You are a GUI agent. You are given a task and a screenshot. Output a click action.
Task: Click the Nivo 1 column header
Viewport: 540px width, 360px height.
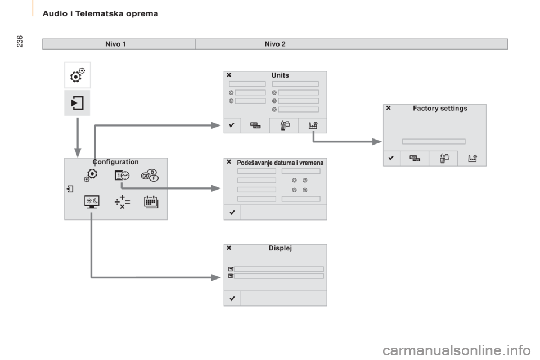(115, 44)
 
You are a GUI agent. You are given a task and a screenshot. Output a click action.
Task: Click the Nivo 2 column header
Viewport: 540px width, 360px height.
(275, 44)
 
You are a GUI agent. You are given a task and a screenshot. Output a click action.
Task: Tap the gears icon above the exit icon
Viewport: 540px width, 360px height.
(78, 75)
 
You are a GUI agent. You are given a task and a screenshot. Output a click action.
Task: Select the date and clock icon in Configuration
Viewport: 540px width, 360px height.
(122, 175)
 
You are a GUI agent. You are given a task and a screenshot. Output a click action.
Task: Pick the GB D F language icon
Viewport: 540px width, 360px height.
(150, 175)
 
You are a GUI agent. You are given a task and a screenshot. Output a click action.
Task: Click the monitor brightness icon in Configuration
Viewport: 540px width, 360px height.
(92, 202)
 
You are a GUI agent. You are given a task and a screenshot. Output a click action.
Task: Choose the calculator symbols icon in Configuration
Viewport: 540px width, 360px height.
(122, 202)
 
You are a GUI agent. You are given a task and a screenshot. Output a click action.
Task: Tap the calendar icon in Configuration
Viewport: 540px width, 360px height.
(151, 202)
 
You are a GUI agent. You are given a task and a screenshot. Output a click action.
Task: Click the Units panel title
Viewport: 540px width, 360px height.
(280, 75)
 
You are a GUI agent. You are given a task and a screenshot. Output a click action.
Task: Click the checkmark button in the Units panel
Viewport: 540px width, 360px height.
(232, 125)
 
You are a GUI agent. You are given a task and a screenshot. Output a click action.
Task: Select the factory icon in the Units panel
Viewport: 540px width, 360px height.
(313, 125)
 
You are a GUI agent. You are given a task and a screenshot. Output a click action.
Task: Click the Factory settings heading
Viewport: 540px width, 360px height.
(440, 108)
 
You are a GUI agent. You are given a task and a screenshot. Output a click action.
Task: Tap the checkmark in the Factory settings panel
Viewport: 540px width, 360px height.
(391, 158)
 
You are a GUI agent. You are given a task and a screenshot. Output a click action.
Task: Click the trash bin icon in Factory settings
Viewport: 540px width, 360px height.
(444, 159)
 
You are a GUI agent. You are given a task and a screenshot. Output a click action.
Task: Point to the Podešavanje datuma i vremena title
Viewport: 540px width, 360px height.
(280, 163)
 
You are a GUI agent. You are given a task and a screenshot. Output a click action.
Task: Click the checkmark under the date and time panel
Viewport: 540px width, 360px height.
(232, 212)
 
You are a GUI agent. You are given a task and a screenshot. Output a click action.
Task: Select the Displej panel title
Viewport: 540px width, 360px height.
(280, 248)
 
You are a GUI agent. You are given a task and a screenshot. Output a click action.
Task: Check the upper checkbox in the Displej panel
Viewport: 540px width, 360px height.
(231, 269)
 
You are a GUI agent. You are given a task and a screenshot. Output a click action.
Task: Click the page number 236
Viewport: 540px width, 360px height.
(20, 41)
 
